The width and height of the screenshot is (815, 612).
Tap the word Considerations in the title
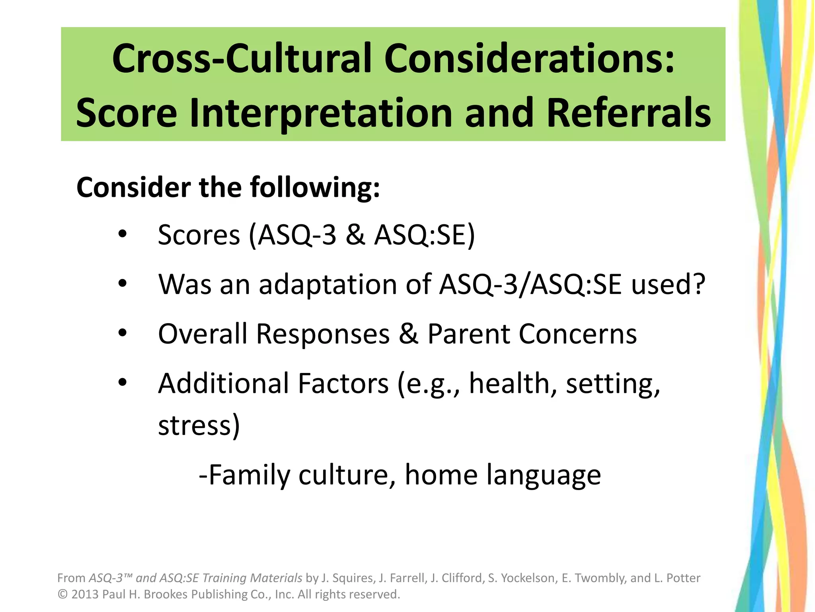[529, 59]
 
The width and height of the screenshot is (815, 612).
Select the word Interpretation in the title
[321, 114]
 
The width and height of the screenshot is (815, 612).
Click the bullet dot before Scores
[123, 234]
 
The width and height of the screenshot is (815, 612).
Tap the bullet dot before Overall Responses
[123, 333]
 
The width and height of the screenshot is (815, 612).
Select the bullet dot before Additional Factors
[123, 382]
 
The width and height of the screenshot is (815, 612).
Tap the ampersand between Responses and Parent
[409, 333]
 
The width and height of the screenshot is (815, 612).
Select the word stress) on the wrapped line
[199, 426]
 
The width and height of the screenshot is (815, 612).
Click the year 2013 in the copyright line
[85, 594]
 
